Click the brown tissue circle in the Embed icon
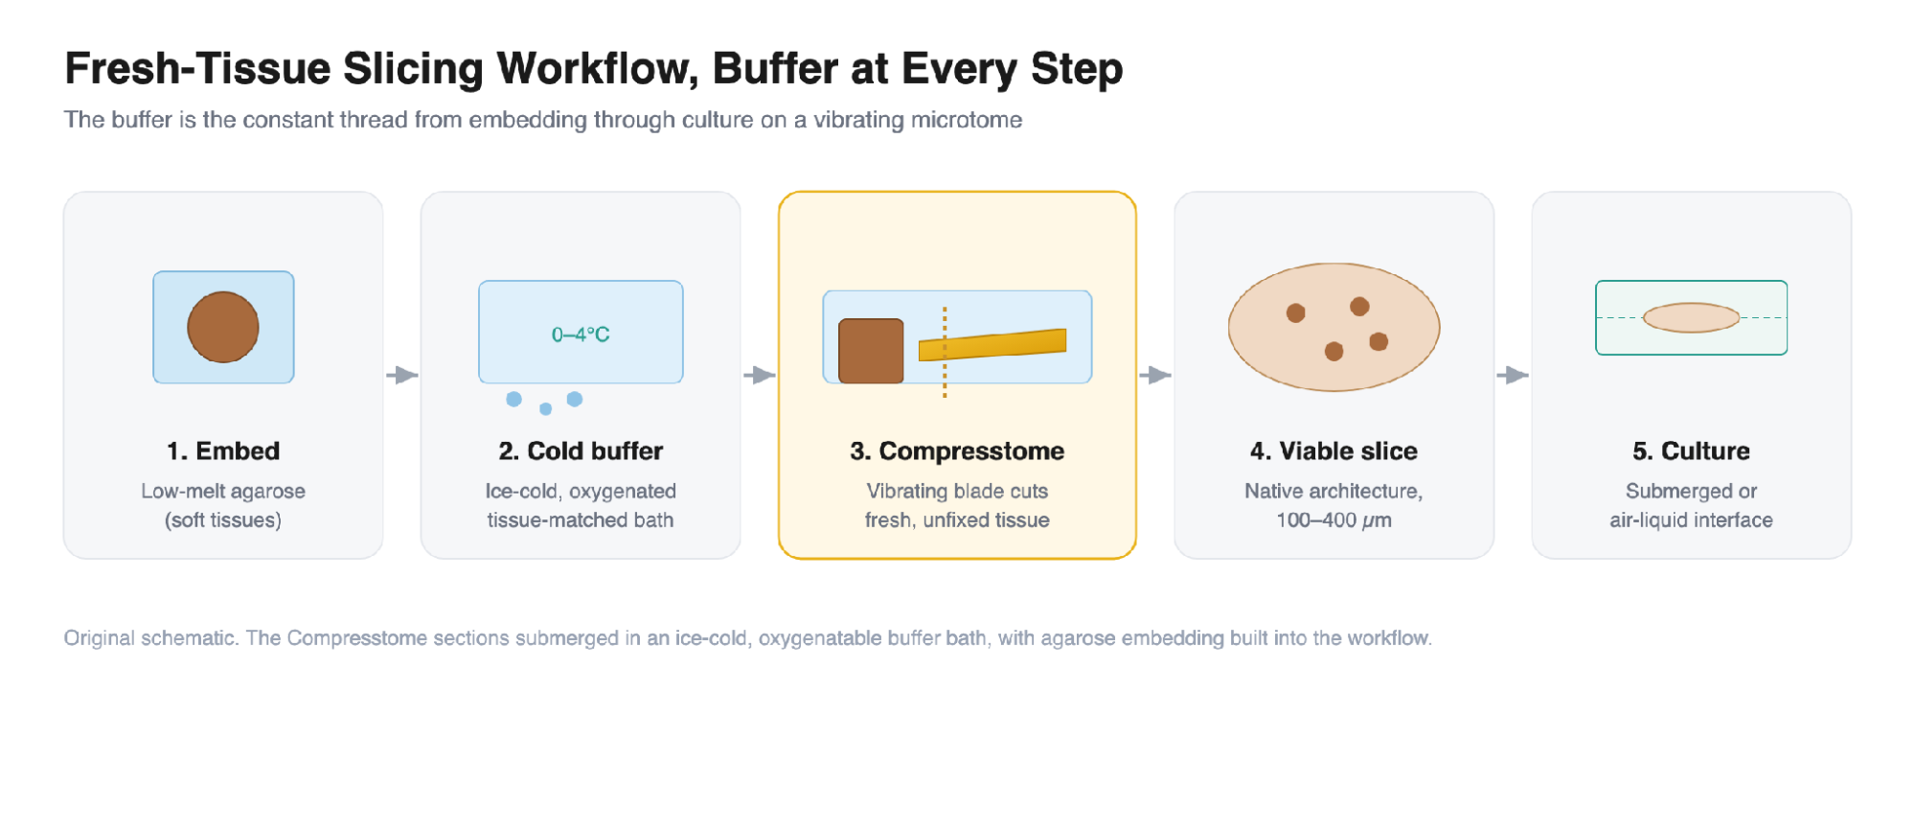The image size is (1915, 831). pos(223,327)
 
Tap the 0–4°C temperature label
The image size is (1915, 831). pos(581,335)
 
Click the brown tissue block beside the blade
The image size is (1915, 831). pos(871,351)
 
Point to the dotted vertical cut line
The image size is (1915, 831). pos(945,352)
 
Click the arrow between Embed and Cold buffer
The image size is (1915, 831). pos(402,375)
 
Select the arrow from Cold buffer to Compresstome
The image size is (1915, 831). pos(760,375)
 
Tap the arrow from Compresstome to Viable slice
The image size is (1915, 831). pos(1155,375)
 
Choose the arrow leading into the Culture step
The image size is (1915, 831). pos(1513,375)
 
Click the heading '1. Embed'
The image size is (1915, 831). pos(223,450)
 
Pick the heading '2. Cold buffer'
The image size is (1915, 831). pos(581,450)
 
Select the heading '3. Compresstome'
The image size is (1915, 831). pos(957,451)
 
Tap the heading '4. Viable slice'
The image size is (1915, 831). pos(1334,450)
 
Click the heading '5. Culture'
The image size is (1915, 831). pos(1691,450)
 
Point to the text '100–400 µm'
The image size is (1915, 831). pos(1334,520)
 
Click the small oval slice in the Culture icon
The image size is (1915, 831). pos(1691,317)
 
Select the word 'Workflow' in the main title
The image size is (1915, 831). pos(597,69)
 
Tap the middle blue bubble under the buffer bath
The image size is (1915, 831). pos(545,409)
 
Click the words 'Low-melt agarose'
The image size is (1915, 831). pos(223,491)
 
